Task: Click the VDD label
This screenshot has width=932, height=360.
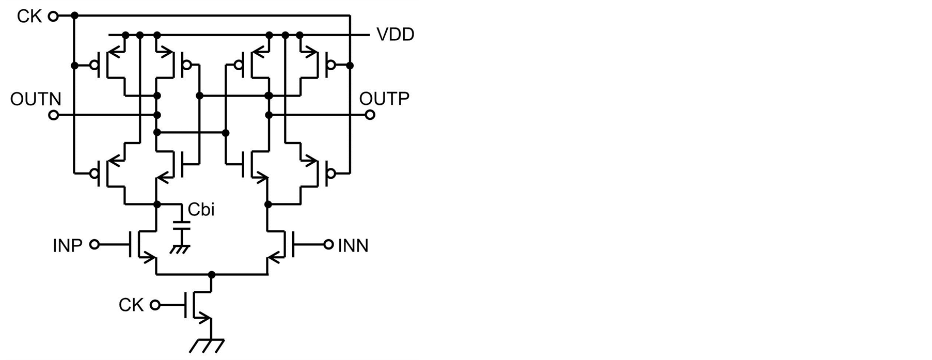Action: [x=395, y=35]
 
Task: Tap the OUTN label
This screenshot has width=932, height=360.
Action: [x=36, y=99]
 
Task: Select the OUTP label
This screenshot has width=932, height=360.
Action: [x=384, y=99]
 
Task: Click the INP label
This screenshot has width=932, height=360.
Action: [x=68, y=246]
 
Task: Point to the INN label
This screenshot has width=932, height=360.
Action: [x=353, y=246]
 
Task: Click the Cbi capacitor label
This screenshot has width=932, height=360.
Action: [x=201, y=210]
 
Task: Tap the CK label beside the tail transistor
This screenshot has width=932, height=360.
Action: [x=131, y=305]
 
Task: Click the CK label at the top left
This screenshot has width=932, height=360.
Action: [x=29, y=17]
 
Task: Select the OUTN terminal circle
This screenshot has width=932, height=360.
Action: [x=53, y=115]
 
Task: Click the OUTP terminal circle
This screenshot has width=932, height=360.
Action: [x=370, y=115]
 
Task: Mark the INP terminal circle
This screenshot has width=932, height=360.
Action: [x=94, y=244]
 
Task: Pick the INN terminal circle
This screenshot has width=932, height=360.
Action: [x=328, y=244]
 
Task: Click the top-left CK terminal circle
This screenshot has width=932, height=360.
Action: [x=53, y=17]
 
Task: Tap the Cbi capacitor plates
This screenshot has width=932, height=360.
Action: [x=181, y=225]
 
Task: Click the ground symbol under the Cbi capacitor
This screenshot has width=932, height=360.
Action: [x=180, y=249]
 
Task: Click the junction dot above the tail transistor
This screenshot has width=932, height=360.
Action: [x=211, y=274]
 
